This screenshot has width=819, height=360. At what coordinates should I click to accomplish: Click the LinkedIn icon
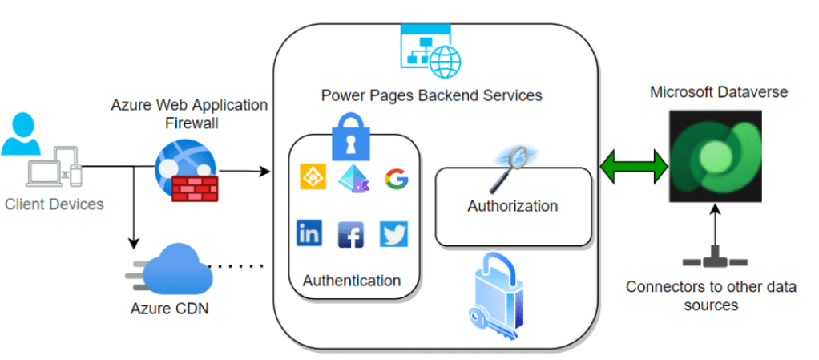[309, 233]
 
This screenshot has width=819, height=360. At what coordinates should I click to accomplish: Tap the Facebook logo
[351, 234]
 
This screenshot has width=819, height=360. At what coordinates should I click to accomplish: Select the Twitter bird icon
[393, 233]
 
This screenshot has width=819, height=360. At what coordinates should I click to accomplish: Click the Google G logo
[396, 178]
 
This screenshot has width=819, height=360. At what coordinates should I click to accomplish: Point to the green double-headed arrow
[633, 167]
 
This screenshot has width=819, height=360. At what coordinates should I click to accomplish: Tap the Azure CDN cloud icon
[174, 269]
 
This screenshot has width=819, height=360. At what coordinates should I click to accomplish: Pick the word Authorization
[513, 206]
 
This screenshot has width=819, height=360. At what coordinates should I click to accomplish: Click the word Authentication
[352, 281]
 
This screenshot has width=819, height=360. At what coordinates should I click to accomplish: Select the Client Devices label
[54, 204]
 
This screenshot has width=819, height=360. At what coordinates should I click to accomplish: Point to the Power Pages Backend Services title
[432, 95]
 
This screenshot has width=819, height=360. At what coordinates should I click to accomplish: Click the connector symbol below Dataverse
[715, 261]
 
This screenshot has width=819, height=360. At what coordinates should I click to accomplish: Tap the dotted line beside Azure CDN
[236, 265]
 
